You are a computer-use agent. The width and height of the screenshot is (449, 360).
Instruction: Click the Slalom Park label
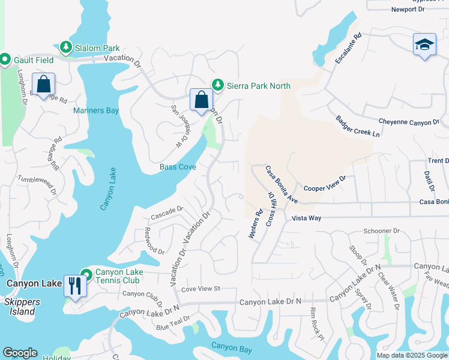tap(97, 48)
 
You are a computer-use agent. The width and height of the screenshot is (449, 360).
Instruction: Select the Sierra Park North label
tap(258, 86)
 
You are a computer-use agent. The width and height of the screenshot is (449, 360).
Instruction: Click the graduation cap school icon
tap(424, 44)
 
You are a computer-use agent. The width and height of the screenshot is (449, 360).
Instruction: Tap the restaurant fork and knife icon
tap(75, 284)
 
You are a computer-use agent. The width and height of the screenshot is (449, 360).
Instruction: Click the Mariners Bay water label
tap(96, 111)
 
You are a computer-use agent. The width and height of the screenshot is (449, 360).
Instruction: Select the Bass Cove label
tap(178, 167)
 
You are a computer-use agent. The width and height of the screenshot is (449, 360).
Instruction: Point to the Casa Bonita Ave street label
tap(282, 184)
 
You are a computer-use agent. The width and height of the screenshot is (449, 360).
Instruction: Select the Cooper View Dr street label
tap(325, 183)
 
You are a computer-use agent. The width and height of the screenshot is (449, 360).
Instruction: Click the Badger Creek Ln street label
tap(358, 126)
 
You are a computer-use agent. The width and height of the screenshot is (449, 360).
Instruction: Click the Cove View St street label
tap(201, 289)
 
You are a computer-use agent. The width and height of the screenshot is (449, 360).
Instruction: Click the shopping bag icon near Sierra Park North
tap(202, 100)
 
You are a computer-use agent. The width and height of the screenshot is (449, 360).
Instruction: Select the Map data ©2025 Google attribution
tap(411, 355)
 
